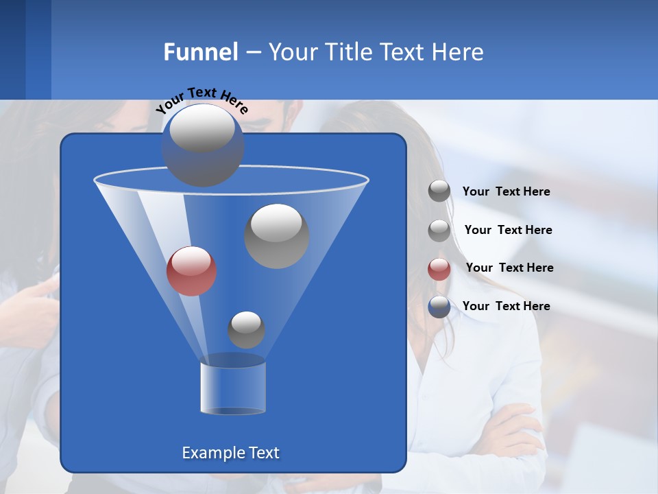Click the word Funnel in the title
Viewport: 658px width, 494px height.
pyautogui.click(x=200, y=52)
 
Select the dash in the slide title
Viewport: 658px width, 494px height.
pyautogui.click(x=253, y=52)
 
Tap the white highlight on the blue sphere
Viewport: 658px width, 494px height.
pyautogui.click(x=202, y=129)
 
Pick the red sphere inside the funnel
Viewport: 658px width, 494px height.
pyautogui.click(x=192, y=271)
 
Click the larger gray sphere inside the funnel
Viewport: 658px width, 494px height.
pyautogui.click(x=276, y=236)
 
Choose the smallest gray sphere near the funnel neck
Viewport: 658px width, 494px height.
pyautogui.click(x=246, y=329)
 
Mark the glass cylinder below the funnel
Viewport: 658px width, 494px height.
pyautogui.click(x=233, y=388)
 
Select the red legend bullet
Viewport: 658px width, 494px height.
pyautogui.click(x=439, y=269)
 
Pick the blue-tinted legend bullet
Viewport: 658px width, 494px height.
pyautogui.click(x=439, y=307)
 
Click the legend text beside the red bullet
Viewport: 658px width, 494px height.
pyautogui.click(x=509, y=268)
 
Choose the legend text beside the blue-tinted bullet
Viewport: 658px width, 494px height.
pyautogui.click(x=506, y=306)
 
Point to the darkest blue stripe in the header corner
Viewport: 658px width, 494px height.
pyautogui.click(x=12, y=48)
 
